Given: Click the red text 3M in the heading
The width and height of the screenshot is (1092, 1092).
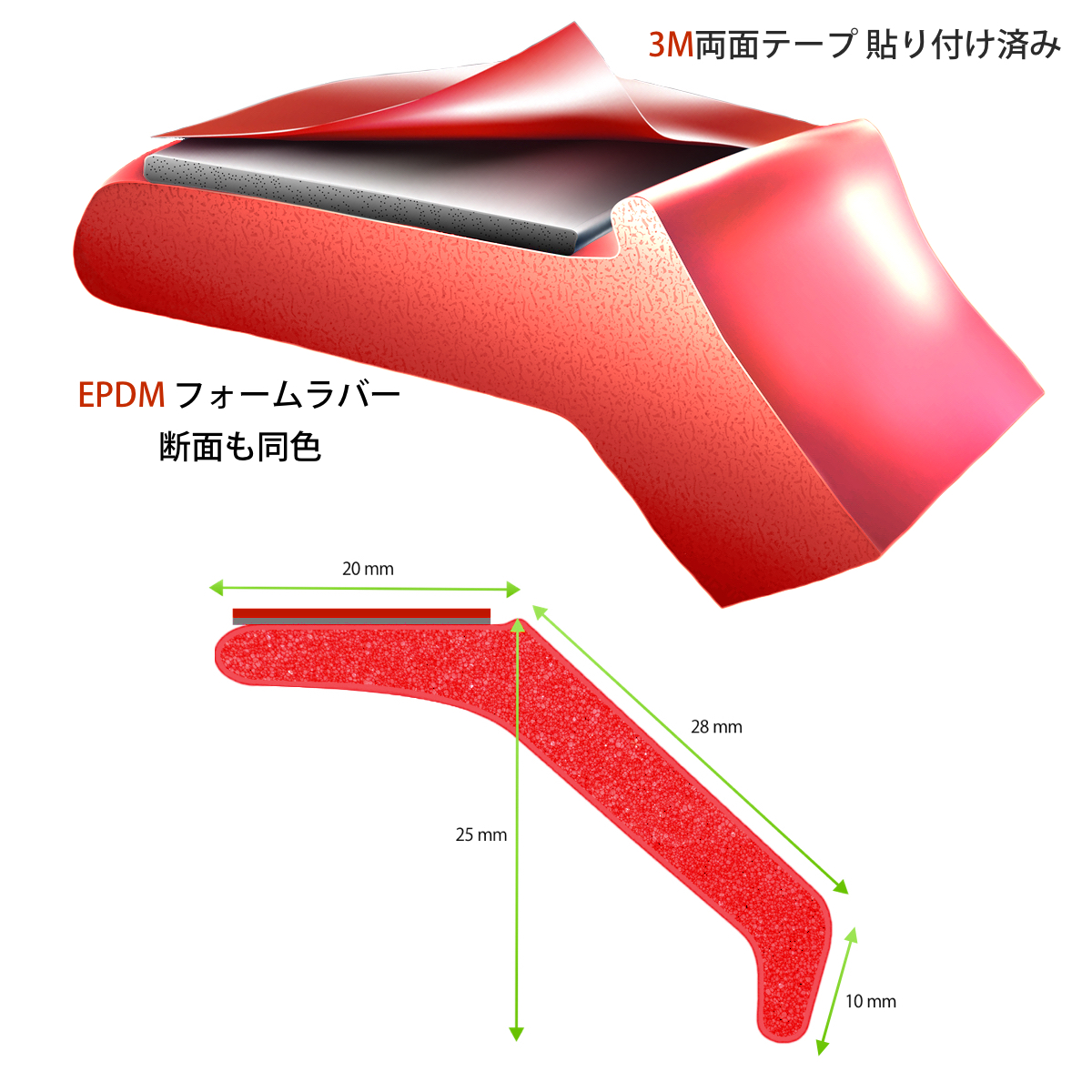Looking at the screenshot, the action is [671, 45].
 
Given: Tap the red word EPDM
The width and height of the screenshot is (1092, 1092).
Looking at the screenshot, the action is [121, 395].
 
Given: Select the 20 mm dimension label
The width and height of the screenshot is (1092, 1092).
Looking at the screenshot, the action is [368, 569].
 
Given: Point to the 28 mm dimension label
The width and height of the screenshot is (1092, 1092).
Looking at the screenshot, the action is [716, 727].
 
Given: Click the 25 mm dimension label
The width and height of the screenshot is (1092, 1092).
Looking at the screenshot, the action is [481, 834].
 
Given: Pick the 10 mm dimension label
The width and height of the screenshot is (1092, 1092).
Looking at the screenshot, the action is [871, 1001].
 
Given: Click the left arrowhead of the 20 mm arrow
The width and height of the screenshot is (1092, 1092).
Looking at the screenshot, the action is [217, 589].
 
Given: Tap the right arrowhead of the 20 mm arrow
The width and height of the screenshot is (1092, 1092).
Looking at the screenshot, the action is [513, 590].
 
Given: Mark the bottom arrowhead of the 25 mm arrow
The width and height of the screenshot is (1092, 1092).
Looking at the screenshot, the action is [516, 1034].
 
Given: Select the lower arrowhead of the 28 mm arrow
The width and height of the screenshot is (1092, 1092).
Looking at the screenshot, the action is [842, 888].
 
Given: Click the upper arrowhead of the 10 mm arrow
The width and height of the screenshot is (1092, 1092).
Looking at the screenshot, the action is [851, 936].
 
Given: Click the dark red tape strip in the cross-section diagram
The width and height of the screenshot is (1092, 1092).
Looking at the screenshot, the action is [361, 613].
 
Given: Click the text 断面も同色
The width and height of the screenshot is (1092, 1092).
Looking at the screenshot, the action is [240, 447].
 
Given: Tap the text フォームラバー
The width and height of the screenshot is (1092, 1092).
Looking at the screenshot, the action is [288, 395].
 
